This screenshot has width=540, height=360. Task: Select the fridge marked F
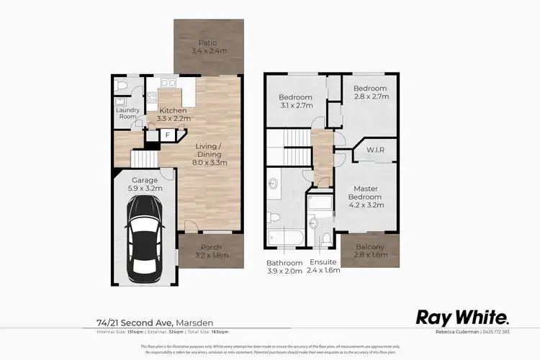[167, 135]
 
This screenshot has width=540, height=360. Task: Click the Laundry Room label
[127, 113]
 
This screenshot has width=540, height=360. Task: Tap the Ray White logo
[464, 318]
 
